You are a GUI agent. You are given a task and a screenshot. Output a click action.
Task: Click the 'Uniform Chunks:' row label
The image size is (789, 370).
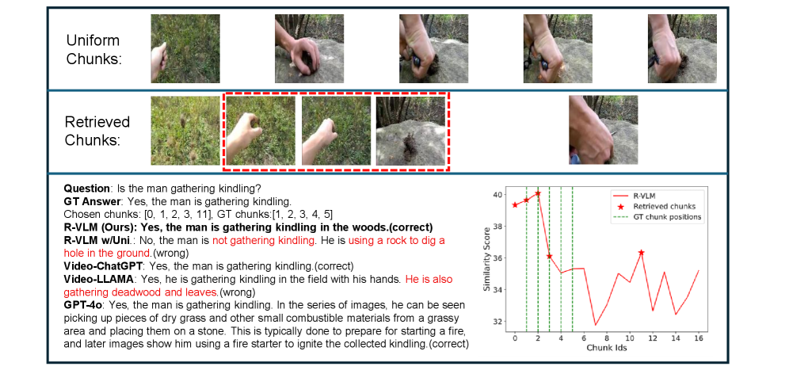93,49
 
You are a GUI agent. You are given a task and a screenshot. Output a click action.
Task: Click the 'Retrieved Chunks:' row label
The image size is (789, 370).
97,131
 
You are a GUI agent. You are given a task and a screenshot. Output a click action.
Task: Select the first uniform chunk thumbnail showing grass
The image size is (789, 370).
185,48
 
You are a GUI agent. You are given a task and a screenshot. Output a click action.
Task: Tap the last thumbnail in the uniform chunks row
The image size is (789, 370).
682,48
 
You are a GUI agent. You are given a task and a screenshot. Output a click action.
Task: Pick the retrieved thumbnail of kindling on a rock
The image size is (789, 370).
410,131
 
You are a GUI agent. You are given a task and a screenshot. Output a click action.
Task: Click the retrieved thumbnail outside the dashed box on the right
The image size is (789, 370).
604,130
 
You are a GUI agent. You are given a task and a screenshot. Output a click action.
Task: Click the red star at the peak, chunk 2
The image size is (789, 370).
538,193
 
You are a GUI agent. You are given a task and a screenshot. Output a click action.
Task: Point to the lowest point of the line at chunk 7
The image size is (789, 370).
595,325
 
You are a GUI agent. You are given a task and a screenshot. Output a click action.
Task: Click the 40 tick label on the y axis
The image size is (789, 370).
497,194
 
